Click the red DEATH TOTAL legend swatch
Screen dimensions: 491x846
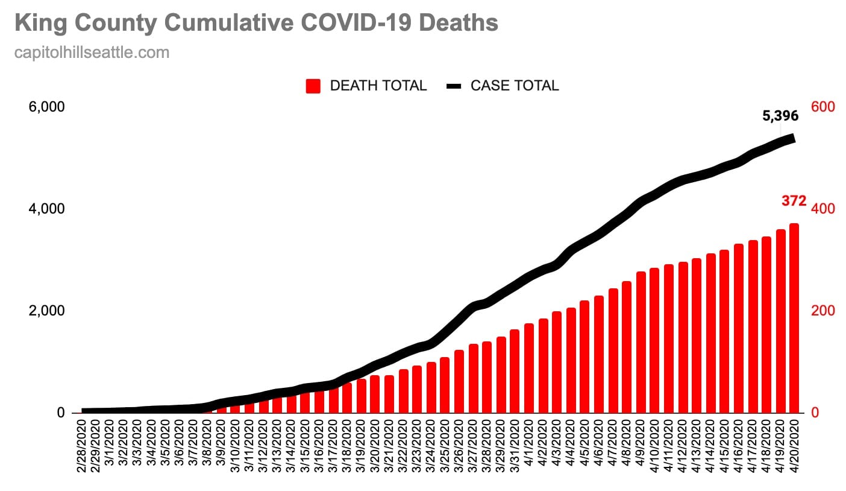[313, 86]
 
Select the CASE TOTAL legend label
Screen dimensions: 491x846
[515, 86]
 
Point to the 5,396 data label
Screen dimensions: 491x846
[780, 116]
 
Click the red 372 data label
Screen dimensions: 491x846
[794, 201]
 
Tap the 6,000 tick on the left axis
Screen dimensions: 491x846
[47, 107]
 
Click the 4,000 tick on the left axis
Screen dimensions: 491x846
[47, 209]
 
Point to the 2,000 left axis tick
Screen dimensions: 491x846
[47, 311]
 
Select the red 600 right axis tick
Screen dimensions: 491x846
[822, 107]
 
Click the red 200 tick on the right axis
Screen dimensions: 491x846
[822, 311]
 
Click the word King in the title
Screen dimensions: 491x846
[37, 23]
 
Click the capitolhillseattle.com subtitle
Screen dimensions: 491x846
[92, 53]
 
